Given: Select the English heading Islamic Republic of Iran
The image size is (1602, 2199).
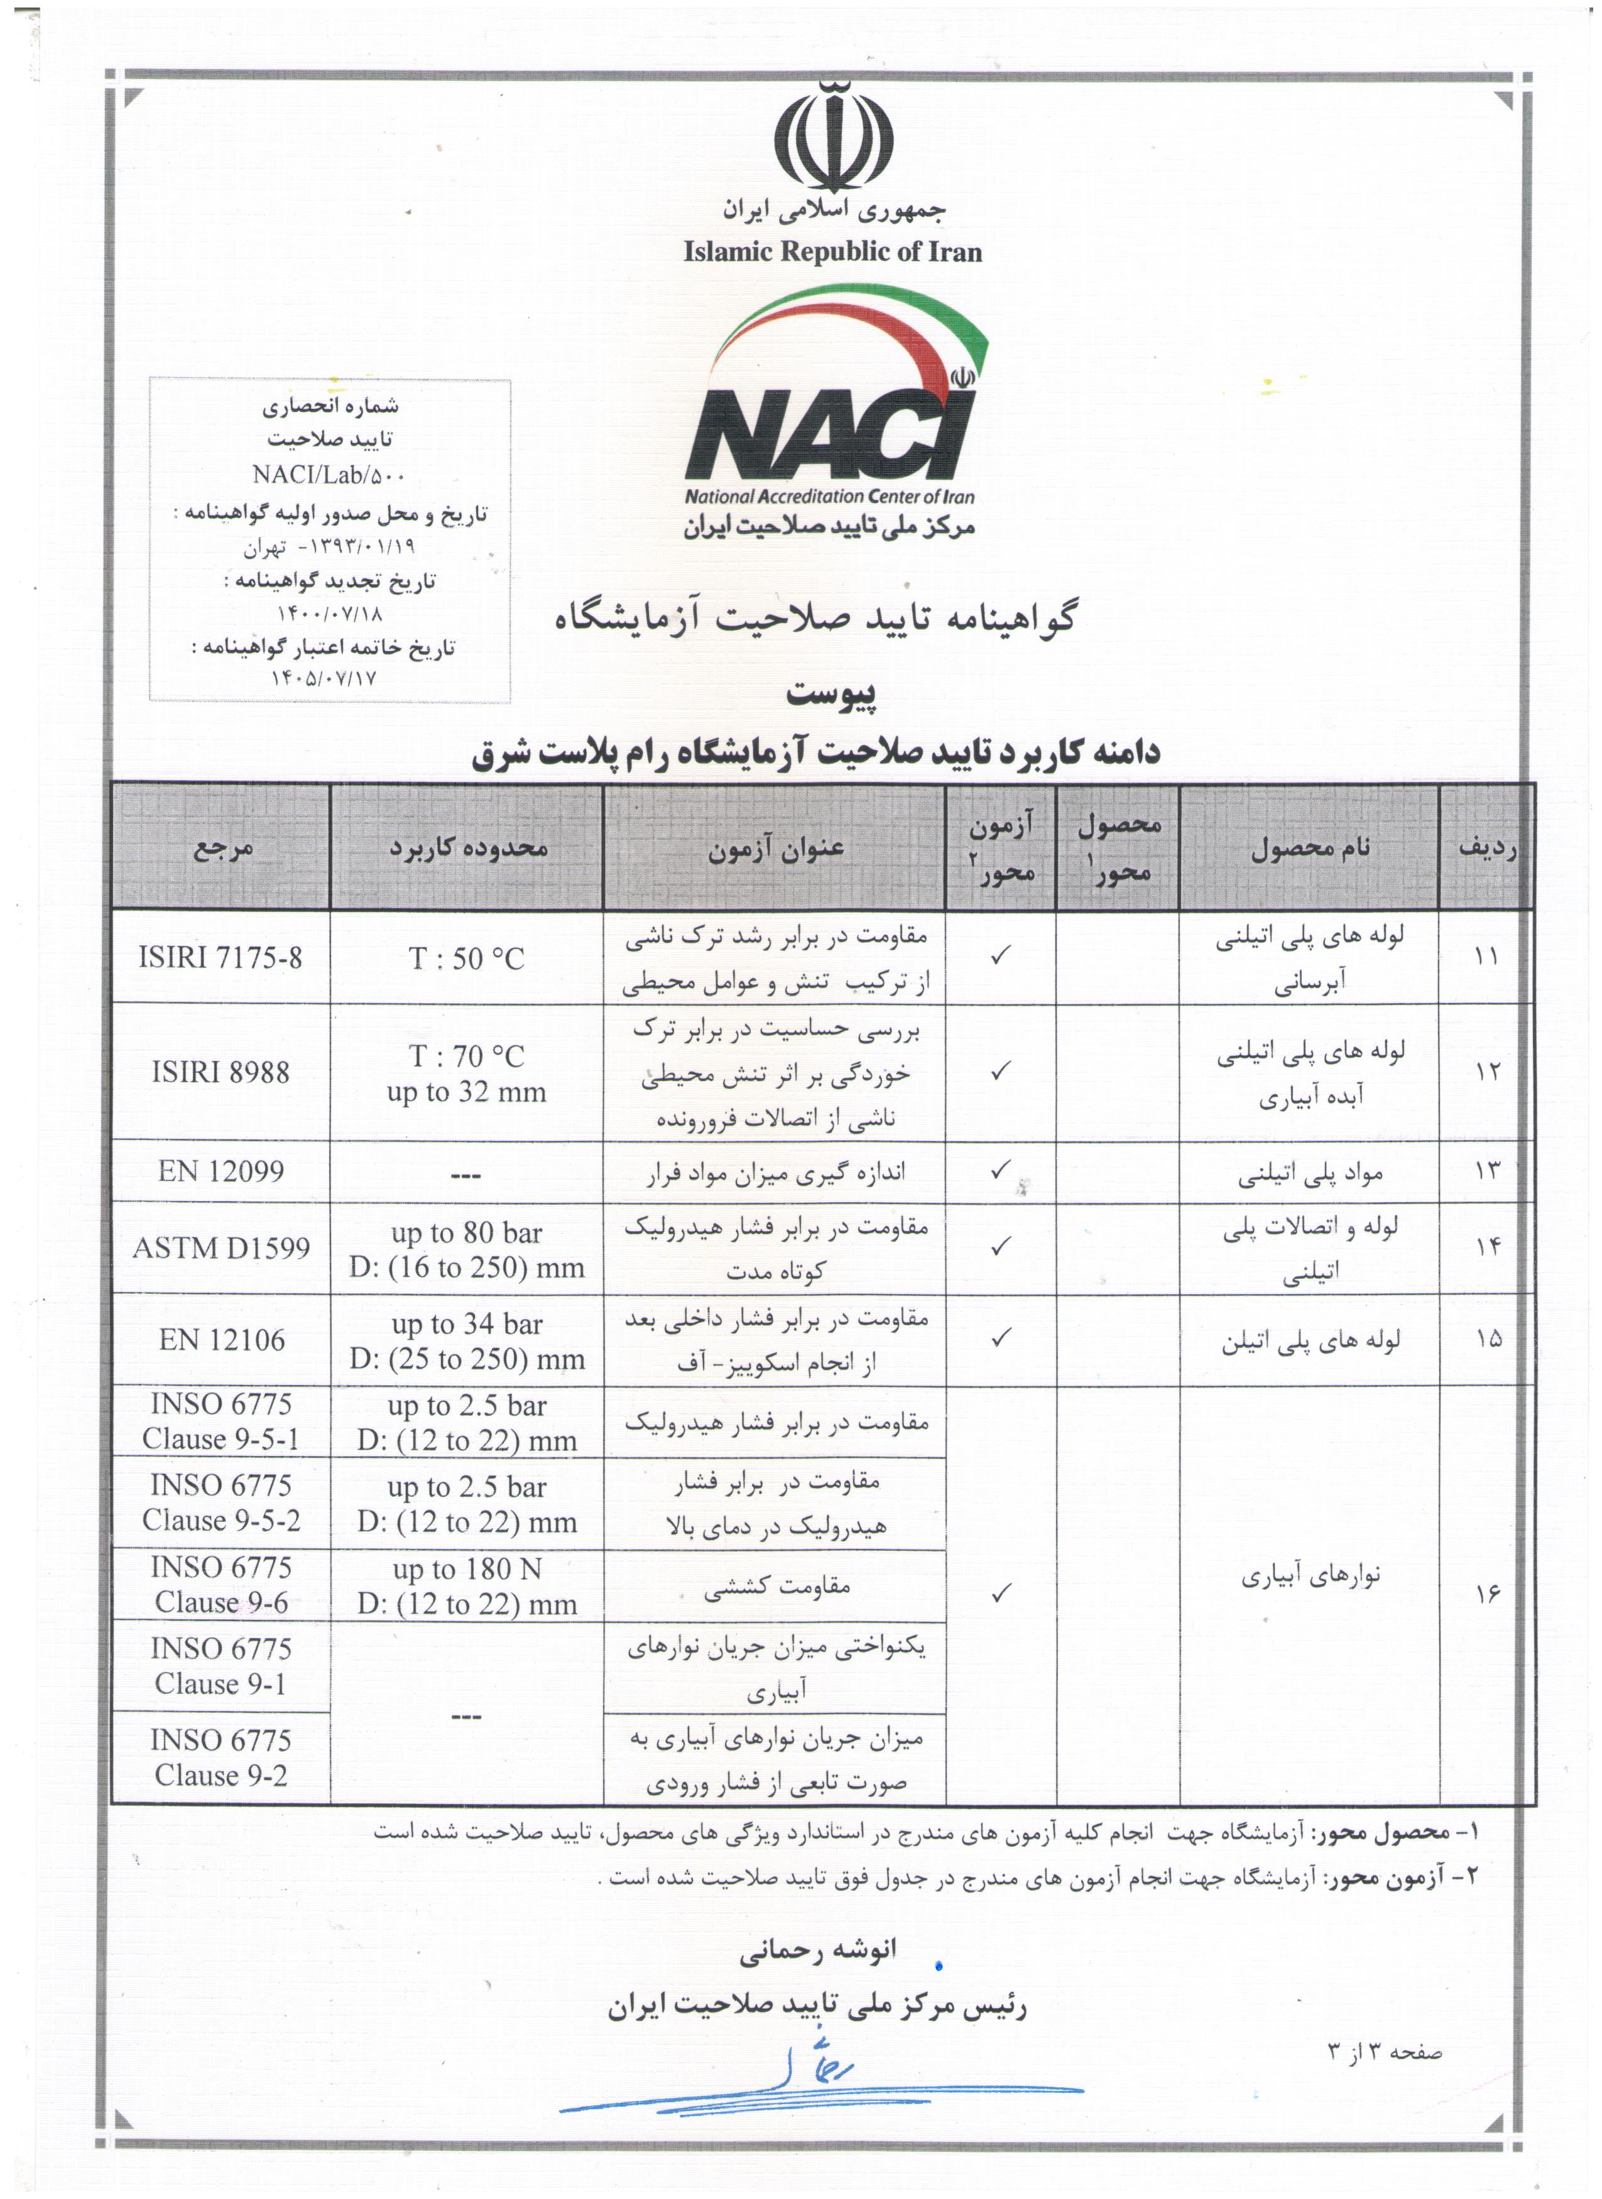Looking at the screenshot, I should click(832, 252).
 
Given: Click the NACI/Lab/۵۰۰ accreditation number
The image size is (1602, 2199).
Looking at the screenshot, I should click(330, 474).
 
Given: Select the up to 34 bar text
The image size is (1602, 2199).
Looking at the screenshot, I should click(466, 1323).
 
